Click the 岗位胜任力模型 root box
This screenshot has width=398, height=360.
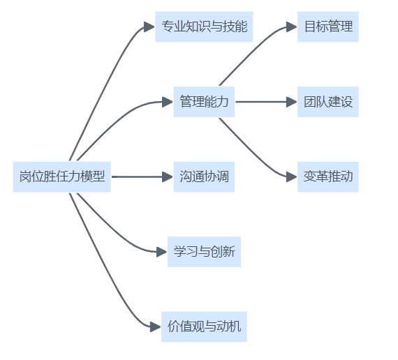coord(62,177)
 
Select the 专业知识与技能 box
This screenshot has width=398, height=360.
coord(204,27)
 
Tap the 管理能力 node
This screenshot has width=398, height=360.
coord(204,102)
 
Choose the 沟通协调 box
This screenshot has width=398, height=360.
coord(204,177)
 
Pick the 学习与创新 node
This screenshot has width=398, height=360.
coord(204,252)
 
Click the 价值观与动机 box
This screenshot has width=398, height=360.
coord(204,327)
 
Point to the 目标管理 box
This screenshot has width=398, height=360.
coord(328,27)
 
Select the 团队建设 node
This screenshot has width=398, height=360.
coord(328,102)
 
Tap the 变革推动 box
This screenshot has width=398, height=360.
coord(328,177)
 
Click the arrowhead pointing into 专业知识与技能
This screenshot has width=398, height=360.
coord(149,27)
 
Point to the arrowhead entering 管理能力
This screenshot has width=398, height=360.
coord(168,102)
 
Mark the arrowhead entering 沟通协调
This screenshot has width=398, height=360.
coord(168,177)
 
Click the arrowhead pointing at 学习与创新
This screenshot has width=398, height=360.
coord(162,252)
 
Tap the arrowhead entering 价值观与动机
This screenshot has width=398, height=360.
coord(155,327)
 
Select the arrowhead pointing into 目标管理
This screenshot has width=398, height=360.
coord(292,27)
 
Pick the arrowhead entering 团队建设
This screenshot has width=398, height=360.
coord(292,102)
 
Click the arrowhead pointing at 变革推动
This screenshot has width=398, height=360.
coord(292,177)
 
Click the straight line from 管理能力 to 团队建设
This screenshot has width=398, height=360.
coord(261,102)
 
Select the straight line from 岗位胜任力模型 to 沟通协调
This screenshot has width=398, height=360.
coord(137,177)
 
